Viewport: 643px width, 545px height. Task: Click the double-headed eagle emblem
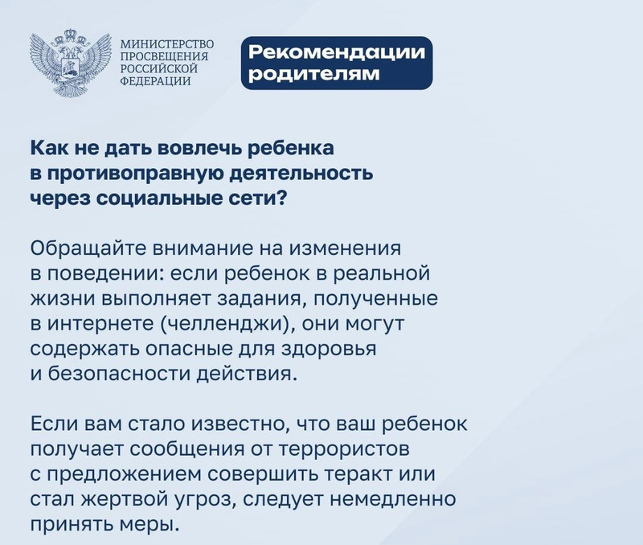[71, 63]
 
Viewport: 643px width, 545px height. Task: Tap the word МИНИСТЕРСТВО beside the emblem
[167, 44]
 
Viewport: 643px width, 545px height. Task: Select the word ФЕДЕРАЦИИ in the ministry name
[155, 81]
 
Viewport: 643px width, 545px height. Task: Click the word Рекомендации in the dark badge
[337, 52]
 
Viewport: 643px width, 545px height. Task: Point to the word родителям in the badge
[314, 74]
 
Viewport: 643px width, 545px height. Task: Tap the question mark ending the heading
[281, 199]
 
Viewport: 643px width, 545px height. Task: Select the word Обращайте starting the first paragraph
[88, 248]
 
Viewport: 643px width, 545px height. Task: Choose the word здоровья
[329, 350]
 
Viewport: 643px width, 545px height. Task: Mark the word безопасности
[120, 375]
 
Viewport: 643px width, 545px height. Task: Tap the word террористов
[345, 449]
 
